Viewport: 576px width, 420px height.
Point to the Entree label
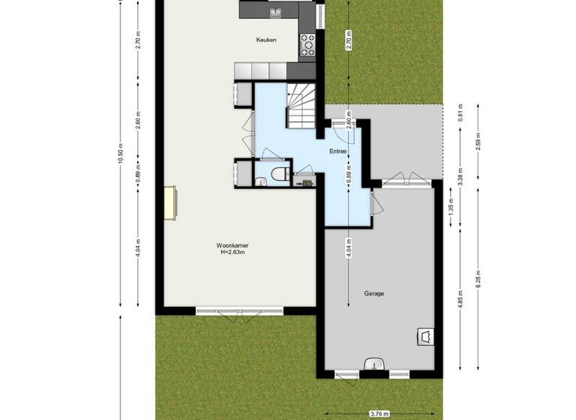(337, 151)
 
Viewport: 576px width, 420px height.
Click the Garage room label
(374, 293)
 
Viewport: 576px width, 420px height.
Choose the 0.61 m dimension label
(460, 113)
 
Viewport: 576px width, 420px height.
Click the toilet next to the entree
(278, 174)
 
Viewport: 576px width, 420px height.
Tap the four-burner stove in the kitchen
(307, 46)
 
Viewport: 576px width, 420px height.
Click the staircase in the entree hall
(304, 105)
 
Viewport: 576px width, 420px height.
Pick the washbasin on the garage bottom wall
(373, 365)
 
